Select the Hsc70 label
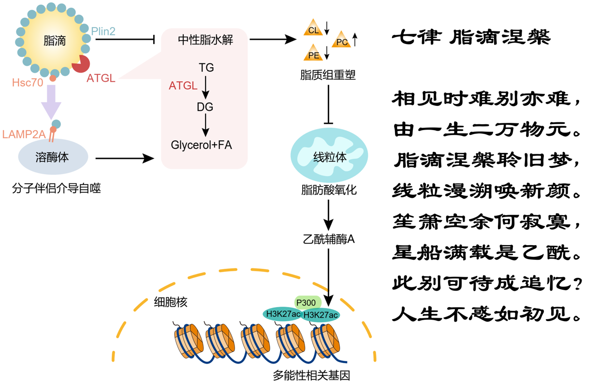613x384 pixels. pyautogui.click(x=28, y=82)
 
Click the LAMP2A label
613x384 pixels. pyautogui.click(x=24, y=134)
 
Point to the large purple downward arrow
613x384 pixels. pyautogui.click(x=51, y=102)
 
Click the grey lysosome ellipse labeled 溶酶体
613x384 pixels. pyautogui.click(x=53, y=157)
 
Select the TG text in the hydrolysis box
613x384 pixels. pyautogui.click(x=206, y=68)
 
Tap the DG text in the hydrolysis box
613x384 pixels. pyautogui.click(x=205, y=107)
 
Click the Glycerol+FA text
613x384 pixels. pyautogui.click(x=202, y=145)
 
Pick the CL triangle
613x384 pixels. pyautogui.click(x=313, y=29)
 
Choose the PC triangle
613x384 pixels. pyautogui.click(x=342, y=41)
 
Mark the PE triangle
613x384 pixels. pyautogui.click(x=313, y=54)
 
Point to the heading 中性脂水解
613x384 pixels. pyautogui.click(x=205, y=40)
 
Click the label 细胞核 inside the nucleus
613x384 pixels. pyautogui.click(x=170, y=303)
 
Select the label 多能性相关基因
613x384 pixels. pyautogui.click(x=311, y=375)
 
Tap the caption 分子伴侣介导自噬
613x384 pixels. pyautogui.click(x=56, y=188)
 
